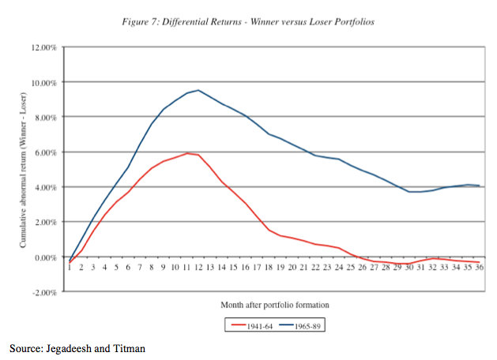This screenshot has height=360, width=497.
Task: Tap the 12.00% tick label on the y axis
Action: click(44, 47)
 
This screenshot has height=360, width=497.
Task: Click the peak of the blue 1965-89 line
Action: click(198, 90)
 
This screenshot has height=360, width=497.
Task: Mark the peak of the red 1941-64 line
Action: click(186, 153)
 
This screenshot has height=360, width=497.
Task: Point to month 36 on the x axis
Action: click(479, 268)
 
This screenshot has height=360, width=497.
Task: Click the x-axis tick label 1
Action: click(70, 268)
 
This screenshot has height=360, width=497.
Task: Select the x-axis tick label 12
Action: click(198, 268)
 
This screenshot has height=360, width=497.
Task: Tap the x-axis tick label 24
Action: click(338, 268)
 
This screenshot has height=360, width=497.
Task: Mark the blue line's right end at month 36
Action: click(479, 186)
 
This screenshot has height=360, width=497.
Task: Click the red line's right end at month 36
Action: click(479, 262)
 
